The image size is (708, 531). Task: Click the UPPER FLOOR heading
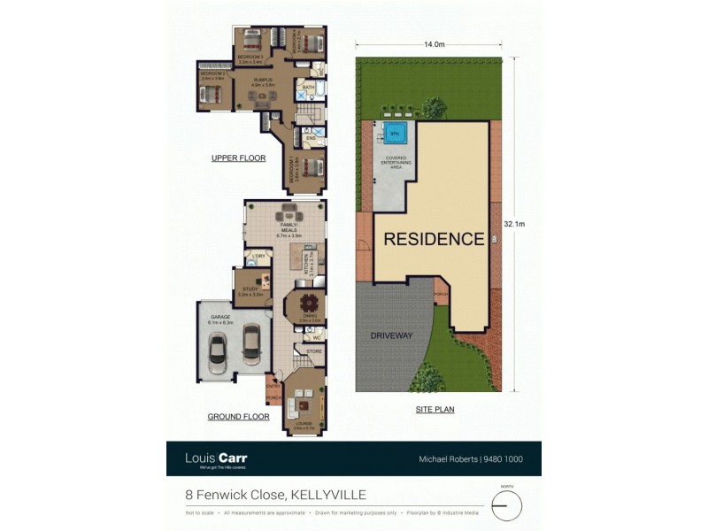click(x=238, y=158)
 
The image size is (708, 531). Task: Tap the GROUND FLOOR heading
click(x=238, y=416)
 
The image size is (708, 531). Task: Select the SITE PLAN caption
click(x=435, y=410)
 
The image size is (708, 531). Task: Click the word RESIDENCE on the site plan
click(x=434, y=239)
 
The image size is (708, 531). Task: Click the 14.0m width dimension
click(x=433, y=43)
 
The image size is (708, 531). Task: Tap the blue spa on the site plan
click(x=395, y=135)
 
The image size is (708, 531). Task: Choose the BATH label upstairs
click(x=308, y=88)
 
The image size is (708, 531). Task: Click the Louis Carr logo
click(x=216, y=458)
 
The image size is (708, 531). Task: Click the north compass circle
click(x=506, y=505)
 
